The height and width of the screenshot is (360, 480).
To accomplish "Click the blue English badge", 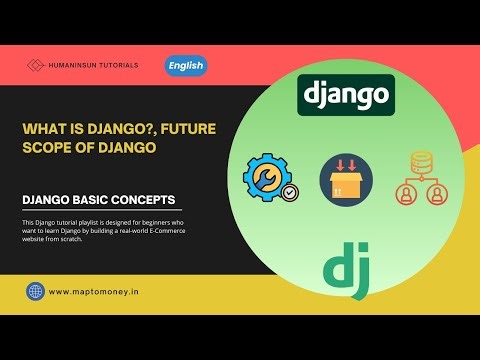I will click(x=185, y=66).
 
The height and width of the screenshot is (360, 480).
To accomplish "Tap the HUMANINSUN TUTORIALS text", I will click(x=96, y=66).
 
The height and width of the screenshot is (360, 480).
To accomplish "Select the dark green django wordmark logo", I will click(x=345, y=96).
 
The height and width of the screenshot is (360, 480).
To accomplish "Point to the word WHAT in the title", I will click(x=43, y=128).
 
